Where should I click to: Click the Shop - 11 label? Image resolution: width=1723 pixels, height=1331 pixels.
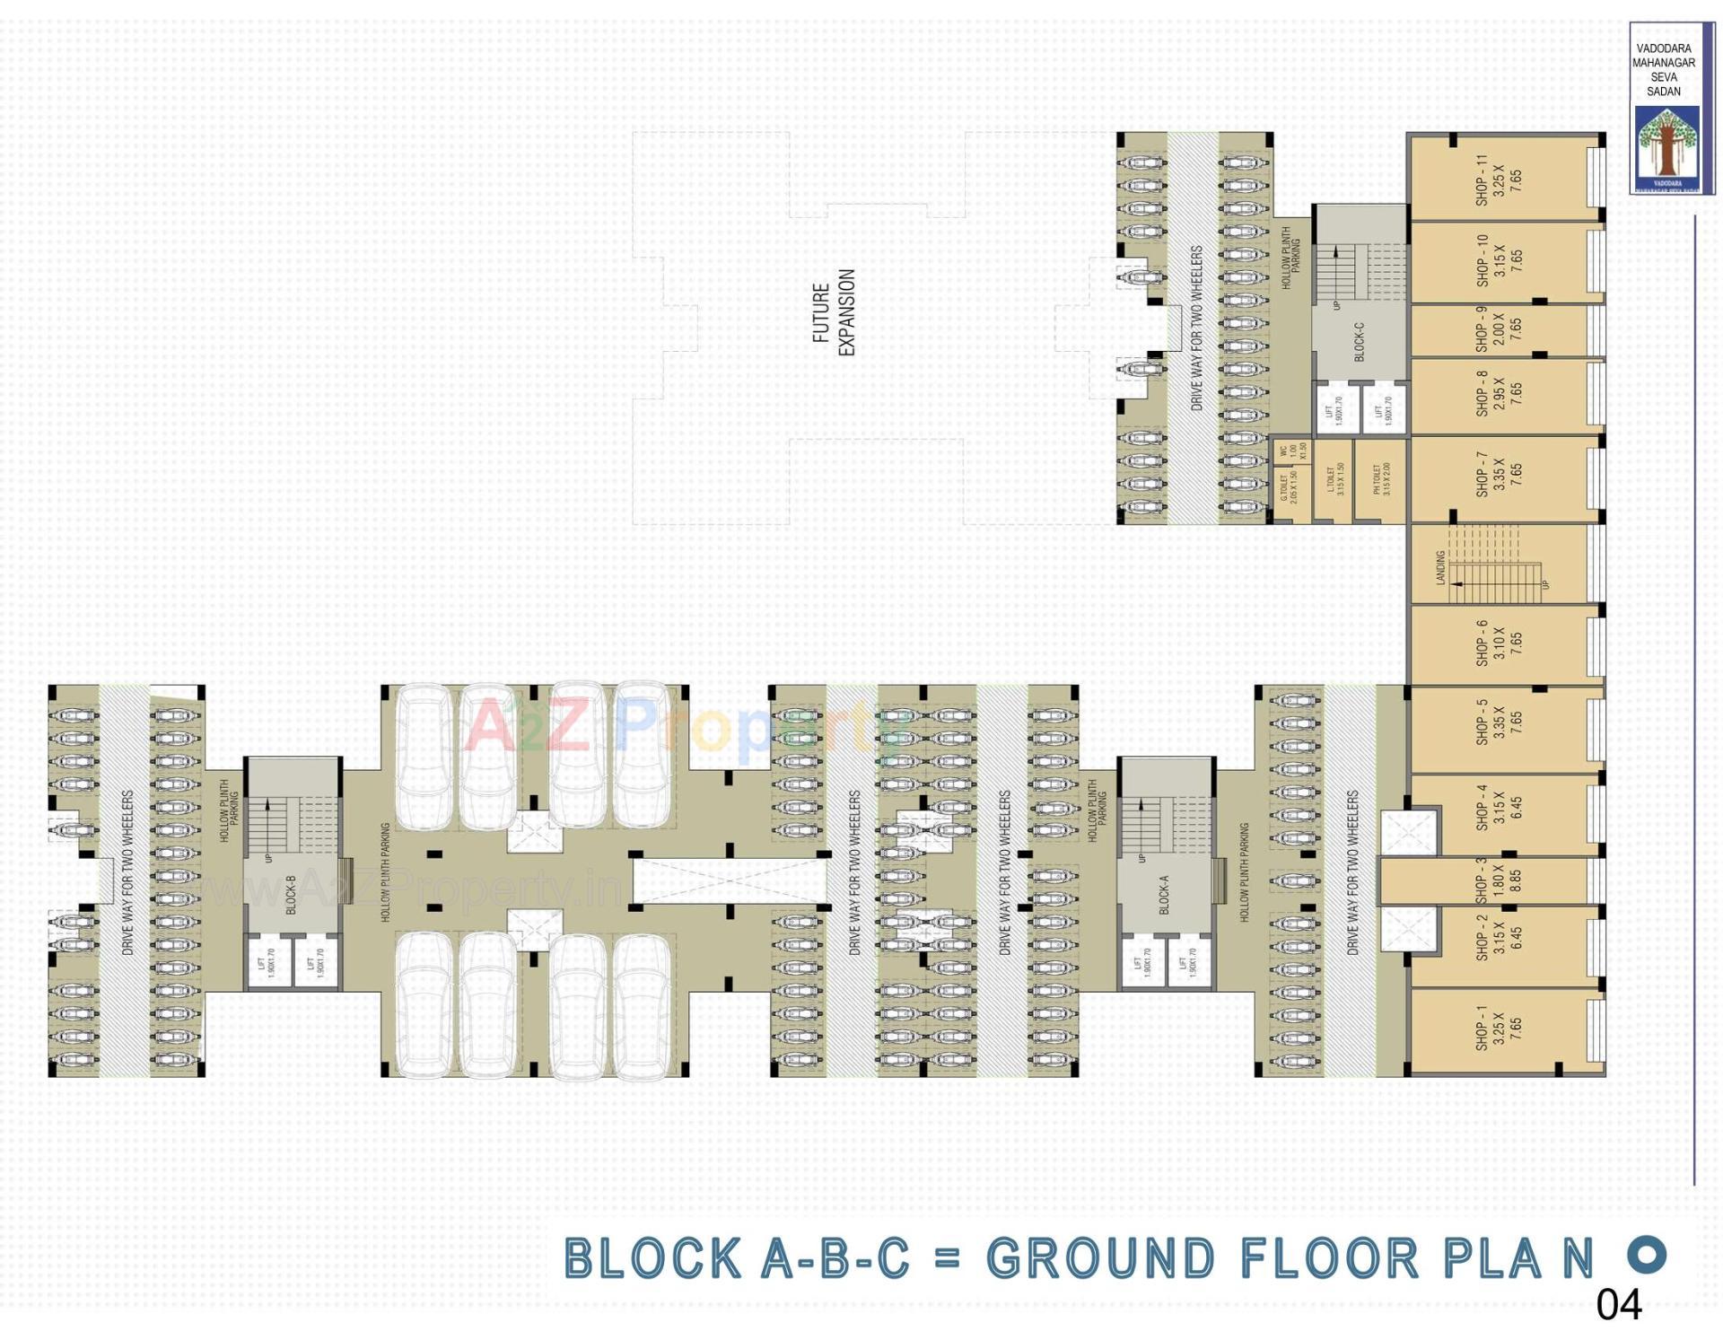1481,180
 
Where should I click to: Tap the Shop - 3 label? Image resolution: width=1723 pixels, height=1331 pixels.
1481,880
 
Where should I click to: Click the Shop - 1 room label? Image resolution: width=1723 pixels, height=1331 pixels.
1481,1028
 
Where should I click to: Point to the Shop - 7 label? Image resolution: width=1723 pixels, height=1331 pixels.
1481,475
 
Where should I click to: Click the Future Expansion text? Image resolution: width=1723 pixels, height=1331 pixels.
834,312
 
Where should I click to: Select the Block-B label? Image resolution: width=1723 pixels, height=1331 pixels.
291,895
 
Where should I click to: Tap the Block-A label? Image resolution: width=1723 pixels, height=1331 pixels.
1164,895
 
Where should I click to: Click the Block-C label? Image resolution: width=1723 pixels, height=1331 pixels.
1359,342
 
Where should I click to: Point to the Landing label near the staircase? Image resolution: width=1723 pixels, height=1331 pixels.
1440,568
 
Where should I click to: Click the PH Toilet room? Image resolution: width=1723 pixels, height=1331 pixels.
1381,480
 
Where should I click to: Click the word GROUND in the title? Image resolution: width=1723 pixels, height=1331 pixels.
1100,1258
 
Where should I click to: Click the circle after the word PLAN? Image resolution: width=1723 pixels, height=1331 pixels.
1647,1254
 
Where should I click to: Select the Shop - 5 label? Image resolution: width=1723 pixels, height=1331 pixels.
1481,722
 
